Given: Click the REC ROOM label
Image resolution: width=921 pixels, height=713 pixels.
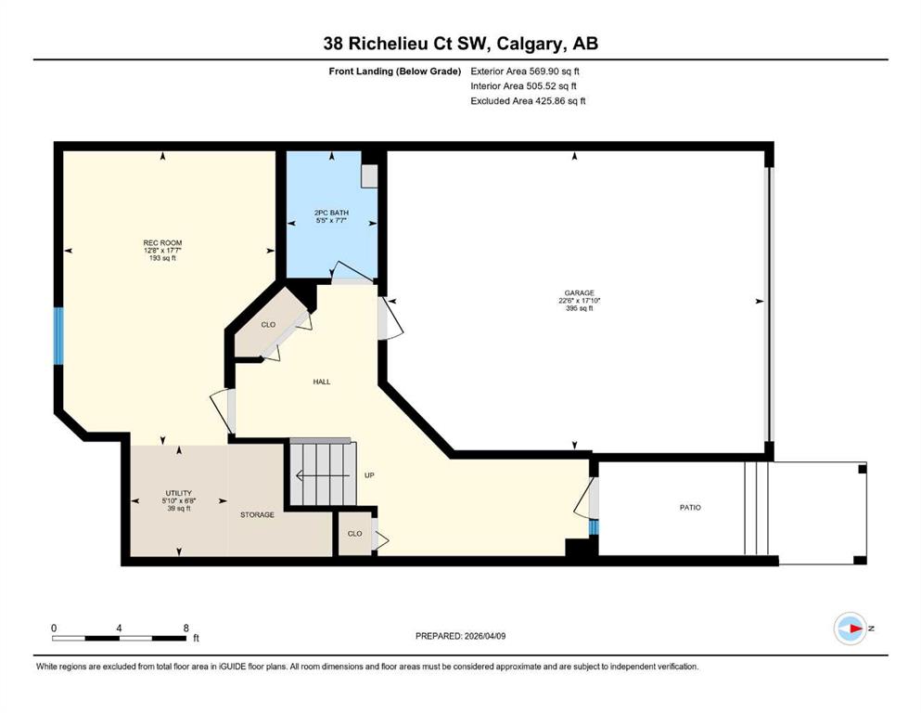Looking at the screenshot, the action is click(x=162, y=242).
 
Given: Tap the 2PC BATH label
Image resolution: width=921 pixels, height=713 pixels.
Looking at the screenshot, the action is click(x=331, y=213).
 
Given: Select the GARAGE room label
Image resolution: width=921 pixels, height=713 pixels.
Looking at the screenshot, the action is click(x=579, y=292).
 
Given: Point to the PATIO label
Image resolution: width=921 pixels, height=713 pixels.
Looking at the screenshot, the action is click(x=690, y=507).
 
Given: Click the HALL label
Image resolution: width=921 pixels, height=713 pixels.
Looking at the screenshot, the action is click(x=322, y=382).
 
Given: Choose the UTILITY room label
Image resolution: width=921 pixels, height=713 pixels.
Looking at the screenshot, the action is click(x=179, y=493).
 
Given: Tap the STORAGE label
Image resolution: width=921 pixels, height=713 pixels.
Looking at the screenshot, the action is click(x=257, y=514).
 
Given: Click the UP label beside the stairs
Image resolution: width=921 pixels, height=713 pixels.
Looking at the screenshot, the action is click(x=369, y=475).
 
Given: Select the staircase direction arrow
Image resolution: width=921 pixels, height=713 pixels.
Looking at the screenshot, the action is click(x=324, y=475).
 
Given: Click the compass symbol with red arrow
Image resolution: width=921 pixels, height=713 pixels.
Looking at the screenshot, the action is click(x=851, y=629).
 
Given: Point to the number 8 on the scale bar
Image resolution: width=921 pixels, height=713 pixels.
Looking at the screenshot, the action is click(x=186, y=628).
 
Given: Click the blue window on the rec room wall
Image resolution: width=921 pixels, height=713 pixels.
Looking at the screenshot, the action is click(x=58, y=336).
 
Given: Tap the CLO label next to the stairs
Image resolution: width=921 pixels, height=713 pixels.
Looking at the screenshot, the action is click(x=355, y=534).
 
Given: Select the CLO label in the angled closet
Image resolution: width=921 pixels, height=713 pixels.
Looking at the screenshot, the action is click(x=268, y=324).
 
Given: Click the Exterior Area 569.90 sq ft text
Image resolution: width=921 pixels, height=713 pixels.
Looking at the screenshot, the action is click(x=525, y=71).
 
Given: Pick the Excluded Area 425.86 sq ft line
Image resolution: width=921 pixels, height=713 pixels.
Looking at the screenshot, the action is click(x=528, y=100).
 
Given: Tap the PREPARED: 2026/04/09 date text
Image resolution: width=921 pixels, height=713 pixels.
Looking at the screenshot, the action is click(x=460, y=636).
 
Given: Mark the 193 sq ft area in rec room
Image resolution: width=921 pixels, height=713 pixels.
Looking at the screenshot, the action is click(x=162, y=258).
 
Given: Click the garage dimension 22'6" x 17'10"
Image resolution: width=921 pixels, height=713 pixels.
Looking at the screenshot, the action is click(x=579, y=301).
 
